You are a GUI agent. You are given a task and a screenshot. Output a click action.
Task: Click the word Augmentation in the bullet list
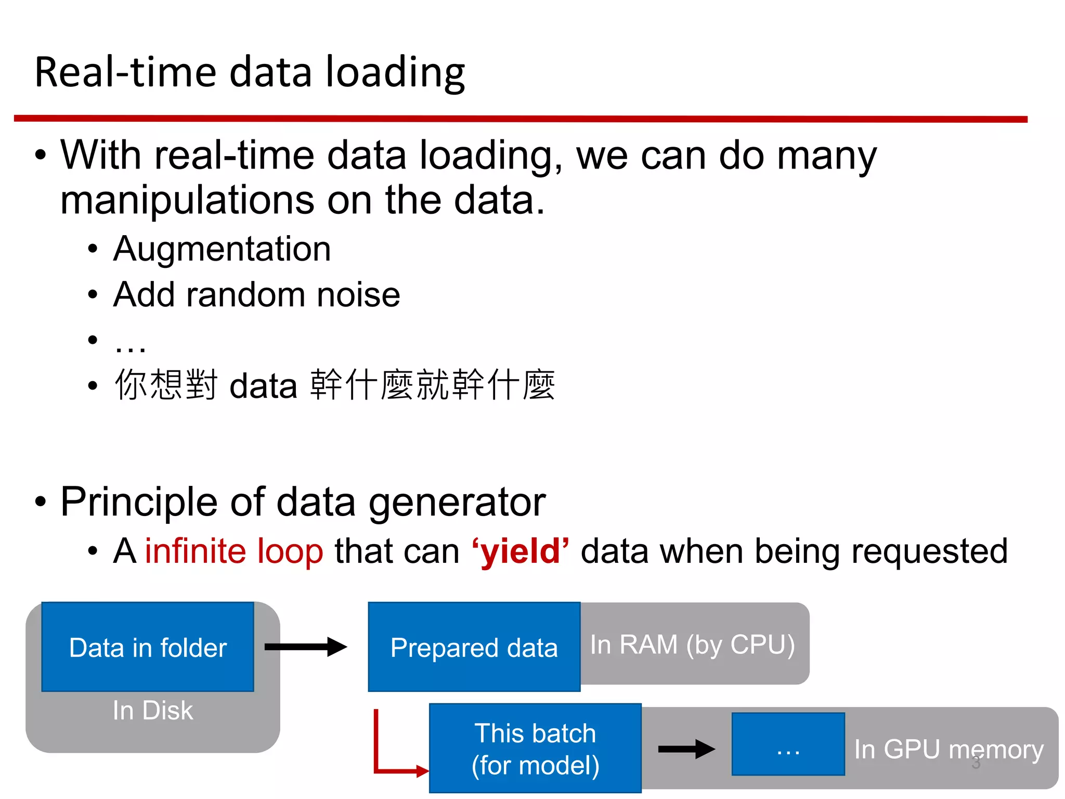pyautogui.click(x=222, y=249)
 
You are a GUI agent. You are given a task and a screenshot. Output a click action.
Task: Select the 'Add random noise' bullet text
pyautogui.click(x=256, y=294)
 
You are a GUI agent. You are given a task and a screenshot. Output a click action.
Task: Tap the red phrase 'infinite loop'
pyautogui.click(x=234, y=551)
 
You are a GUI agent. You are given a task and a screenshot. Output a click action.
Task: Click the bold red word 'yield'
pyautogui.click(x=521, y=551)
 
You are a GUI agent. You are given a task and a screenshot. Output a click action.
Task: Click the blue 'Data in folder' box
pyautogui.click(x=148, y=647)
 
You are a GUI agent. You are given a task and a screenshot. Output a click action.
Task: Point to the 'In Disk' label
pyautogui.click(x=152, y=711)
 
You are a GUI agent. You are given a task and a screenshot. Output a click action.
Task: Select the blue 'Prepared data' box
pyautogui.click(x=474, y=647)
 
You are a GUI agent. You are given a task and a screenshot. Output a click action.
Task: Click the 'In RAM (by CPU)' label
pyautogui.click(x=692, y=645)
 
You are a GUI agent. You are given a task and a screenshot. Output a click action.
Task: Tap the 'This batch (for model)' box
pyautogui.click(x=535, y=749)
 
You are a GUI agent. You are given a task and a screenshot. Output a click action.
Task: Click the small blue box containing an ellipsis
pyautogui.click(x=788, y=744)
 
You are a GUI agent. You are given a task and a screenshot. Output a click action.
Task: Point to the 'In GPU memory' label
pyautogui.click(x=949, y=750)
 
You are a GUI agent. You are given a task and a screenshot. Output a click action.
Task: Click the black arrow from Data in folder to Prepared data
pyautogui.click(x=305, y=647)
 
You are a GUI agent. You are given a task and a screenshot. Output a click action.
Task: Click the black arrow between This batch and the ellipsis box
pyautogui.click(x=686, y=749)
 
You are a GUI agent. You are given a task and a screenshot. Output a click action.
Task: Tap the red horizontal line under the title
pyautogui.click(x=520, y=119)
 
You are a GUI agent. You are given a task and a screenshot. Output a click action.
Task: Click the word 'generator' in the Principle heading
pyautogui.click(x=457, y=502)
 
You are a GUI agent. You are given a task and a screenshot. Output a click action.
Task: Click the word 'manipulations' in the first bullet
pyautogui.click(x=187, y=200)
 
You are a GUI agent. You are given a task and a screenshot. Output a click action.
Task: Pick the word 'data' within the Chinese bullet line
pyautogui.click(x=263, y=386)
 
